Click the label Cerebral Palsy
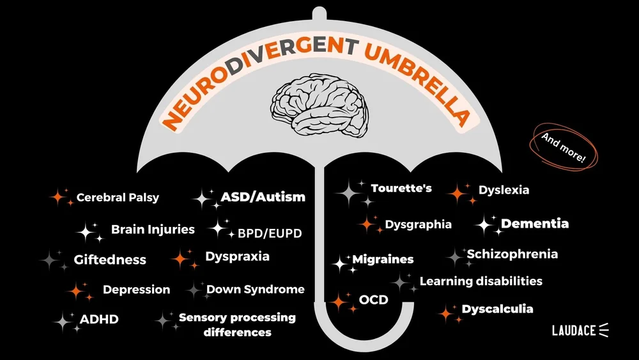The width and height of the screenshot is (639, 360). [x=118, y=198]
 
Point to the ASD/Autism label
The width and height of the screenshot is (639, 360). [x=263, y=197]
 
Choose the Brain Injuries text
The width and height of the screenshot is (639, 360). [x=153, y=229]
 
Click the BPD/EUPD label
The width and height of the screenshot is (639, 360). [x=270, y=233]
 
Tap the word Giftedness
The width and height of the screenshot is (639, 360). [x=110, y=260]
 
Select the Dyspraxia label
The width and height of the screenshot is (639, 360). [x=237, y=256]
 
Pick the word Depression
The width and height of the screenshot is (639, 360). [x=136, y=290]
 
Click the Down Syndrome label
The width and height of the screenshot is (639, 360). [x=255, y=290]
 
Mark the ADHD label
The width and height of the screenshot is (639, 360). [x=99, y=319]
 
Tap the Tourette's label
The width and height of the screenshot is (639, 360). [x=401, y=189]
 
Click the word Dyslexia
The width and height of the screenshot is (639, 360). [x=504, y=190]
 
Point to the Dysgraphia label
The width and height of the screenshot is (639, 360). [x=418, y=224]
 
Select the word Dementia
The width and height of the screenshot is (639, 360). [x=535, y=224]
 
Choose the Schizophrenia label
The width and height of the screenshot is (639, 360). [x=512, y=254]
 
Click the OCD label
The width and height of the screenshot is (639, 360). [x=374, y=299]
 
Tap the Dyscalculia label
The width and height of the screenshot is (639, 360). [x=497, y=309]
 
